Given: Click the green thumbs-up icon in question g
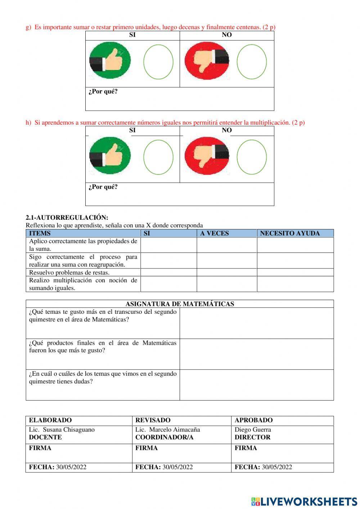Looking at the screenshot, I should pyautogui.click(x=110, y=61).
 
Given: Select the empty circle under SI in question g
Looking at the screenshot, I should pyautogui.click(x=158, y=62).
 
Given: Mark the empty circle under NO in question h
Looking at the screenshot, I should pyautogui.click(x=252, y=157).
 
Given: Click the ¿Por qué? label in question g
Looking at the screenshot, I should pyautogui.click(x=103, y=91).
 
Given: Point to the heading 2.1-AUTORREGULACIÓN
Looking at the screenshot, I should pyautogui.click(x=67, y=218).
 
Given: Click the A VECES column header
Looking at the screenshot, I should pyautogui.click(x=215, y=233).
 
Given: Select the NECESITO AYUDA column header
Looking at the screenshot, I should pyautogui.click(x=290, y=233).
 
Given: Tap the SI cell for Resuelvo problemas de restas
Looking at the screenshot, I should pyautogui.click(x=168, y=272).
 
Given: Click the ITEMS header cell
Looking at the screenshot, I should pyautogui.click(x=40, y=233).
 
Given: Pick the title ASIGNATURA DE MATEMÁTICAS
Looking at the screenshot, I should pyautogui.click(x=180, y=304).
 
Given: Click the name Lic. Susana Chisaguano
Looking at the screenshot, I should pyautogui.click(x=62, y=429).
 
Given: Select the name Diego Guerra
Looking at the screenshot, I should pyautogui.click(x=253, y=429).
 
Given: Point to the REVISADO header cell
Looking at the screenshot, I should pyautogui.click(x=153, y=420).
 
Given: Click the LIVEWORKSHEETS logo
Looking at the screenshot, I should pyautogui.click(x=304, y=501).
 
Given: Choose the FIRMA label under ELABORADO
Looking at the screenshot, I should pyautogui.click(x=40, y=448).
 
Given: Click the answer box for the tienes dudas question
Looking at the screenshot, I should pyautogui.click(x=256, y=385).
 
